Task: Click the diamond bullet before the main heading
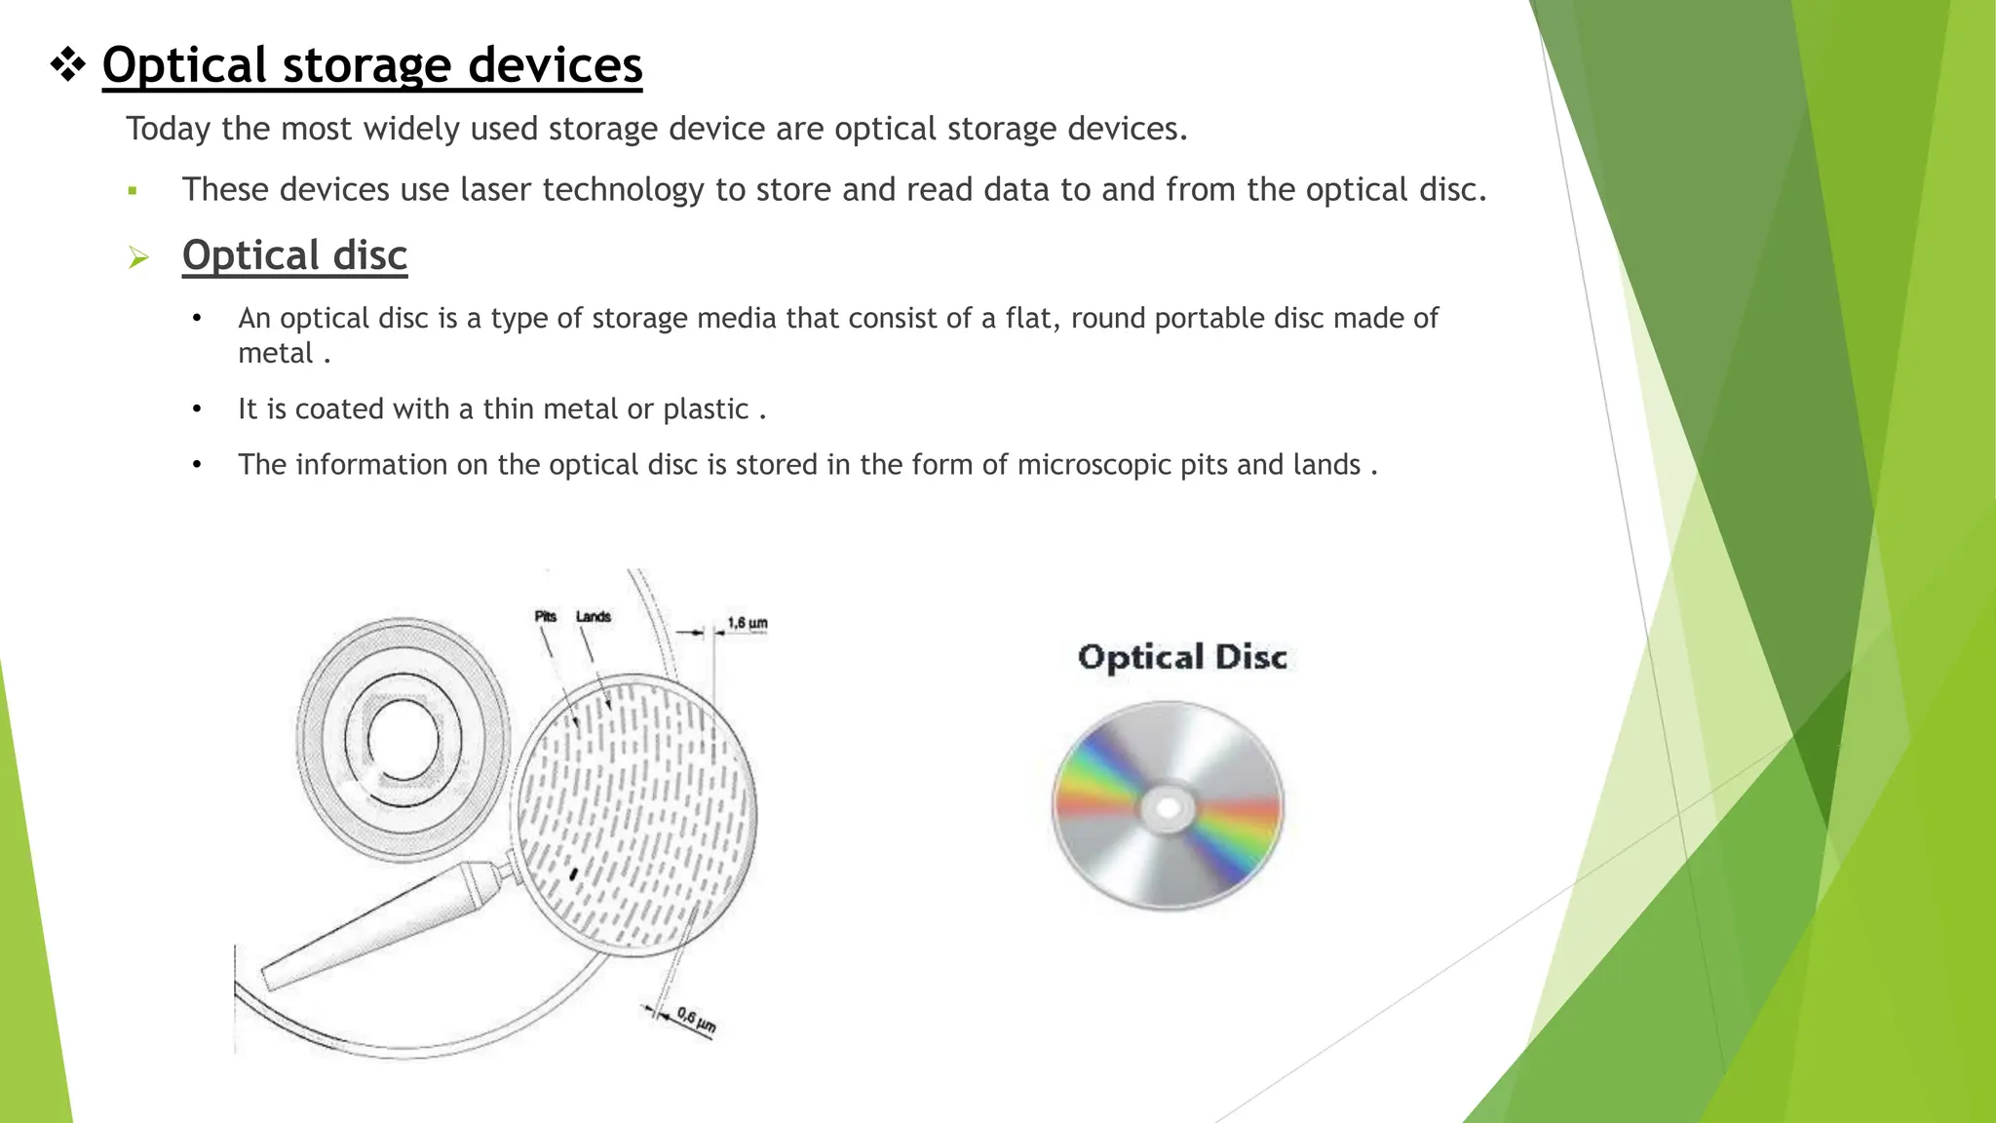67,66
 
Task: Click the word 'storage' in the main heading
367,66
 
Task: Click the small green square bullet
132,191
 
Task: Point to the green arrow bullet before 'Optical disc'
138,257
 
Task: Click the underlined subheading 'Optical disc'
294,255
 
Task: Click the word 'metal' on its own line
275,353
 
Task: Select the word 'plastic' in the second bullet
706,408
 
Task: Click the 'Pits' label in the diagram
545,616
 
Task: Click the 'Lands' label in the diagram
593,616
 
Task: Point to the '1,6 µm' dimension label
748,623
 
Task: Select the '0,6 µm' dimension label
696,1021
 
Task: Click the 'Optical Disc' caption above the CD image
1182,657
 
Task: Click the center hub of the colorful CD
1168,807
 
